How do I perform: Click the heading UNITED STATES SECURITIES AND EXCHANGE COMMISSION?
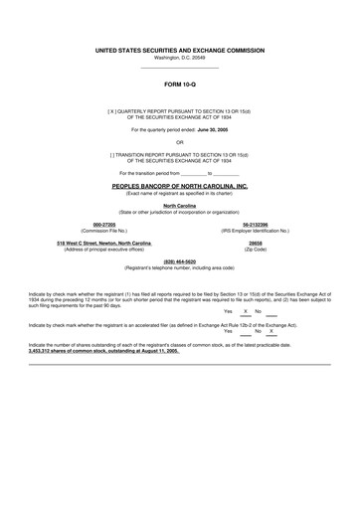pos(180,49)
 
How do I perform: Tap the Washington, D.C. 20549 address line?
pos(180,57)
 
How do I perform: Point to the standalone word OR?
pos(180,142)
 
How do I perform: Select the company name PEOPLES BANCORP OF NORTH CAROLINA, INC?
pos(180,186)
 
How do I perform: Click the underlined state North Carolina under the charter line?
pos(180,206)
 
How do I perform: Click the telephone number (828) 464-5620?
pos(180,261)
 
